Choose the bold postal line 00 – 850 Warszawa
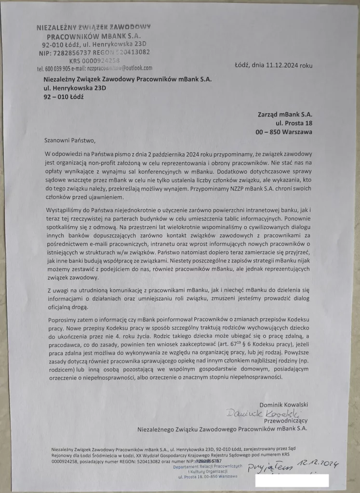(x=284, y=131)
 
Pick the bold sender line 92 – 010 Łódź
(x=64, y=97)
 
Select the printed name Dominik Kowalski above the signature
(x=284, y=404)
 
